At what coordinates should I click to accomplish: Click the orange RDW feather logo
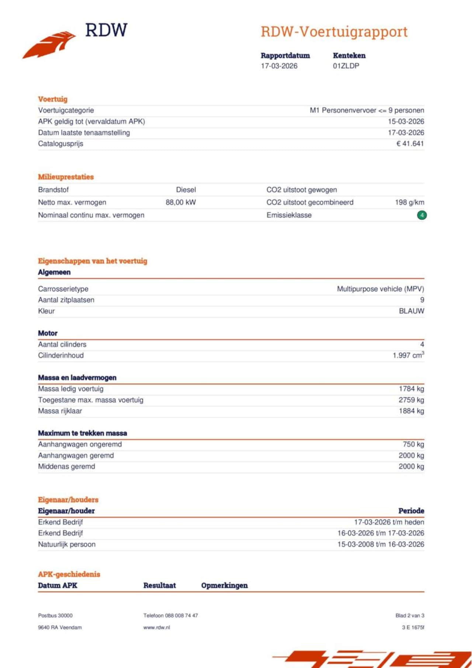click(x=49, y=44)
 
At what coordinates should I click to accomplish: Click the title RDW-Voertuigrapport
click(x=334, y=32)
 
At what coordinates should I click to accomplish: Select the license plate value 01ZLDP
click(x=346, y=66)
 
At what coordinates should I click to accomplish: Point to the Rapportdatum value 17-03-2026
click(x=279, y=66)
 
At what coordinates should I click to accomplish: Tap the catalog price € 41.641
click(x=410, y=144)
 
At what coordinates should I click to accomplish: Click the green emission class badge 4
click(x=422, y=215)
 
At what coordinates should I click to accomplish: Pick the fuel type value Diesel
click(x=186, y=190)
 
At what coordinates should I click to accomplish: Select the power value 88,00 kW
click(x=181, y=202)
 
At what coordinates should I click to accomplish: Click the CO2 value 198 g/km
click(x=409, y=202)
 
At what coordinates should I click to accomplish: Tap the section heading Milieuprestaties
click(x=66, y=177)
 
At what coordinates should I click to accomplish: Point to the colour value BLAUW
click(x=412, y=311)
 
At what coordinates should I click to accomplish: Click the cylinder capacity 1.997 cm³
click(x=408, y=355)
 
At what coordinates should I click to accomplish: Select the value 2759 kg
click(x=411, y=400)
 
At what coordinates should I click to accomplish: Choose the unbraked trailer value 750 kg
click(x=413, y=444)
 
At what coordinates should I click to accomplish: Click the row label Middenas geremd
click(x=66, y=467)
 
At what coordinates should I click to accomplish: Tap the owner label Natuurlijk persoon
click(x=67, y=545)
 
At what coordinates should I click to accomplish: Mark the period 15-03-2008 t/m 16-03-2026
click(x=381, y=545)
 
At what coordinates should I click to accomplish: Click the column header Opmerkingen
click(x=224, y=585)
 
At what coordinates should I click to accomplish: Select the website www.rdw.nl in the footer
click(x=157, y=627)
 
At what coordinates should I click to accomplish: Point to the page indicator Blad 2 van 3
click(x=410, y=616)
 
